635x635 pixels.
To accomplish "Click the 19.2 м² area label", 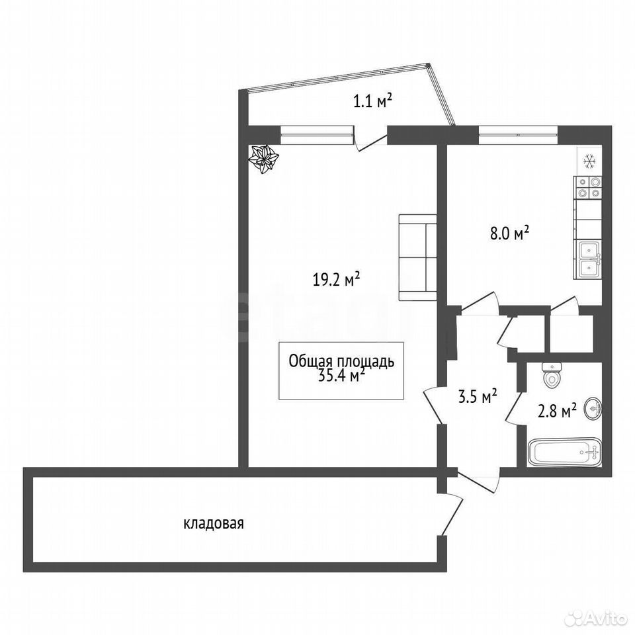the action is pos(336,279).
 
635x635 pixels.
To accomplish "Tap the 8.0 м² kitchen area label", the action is pos(510,233).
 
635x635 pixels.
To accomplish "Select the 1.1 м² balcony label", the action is pos(372,101).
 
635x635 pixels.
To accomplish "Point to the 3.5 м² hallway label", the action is pos(478,396).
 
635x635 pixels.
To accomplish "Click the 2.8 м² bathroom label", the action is pos(557,411).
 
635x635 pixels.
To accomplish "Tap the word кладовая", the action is pos(214,524).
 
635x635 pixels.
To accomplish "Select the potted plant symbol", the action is pos(264,160).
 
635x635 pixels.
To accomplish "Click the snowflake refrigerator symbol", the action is pos(590,161).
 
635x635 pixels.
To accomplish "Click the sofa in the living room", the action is pos(418,257).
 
